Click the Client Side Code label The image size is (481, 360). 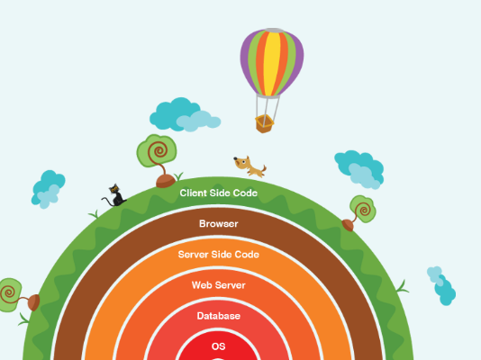click(218, 193)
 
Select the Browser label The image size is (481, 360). click(218, 224)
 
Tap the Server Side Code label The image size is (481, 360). click(218, 255)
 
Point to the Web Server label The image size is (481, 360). click(218, 285)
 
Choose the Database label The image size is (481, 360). click(218, 316)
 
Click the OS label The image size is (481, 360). click(218, 346)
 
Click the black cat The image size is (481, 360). click(114, 196)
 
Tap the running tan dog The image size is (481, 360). click(250, 166)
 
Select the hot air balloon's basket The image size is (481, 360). click(264, 123)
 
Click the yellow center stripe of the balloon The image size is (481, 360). click(271, 63)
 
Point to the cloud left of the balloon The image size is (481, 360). click(185, 115)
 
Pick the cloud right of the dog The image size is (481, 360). click(359, 169)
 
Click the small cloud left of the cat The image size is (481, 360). click(48, 189)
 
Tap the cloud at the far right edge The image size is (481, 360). click(441, 285)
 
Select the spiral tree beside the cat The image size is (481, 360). click(158, 160)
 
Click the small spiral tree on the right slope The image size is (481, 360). click(359, 212)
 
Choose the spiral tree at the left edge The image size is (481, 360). click(18, 295)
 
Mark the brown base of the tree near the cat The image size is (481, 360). click(166, 181)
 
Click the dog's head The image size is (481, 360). click(241, 162)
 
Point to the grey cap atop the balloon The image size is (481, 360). click(274, 30)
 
